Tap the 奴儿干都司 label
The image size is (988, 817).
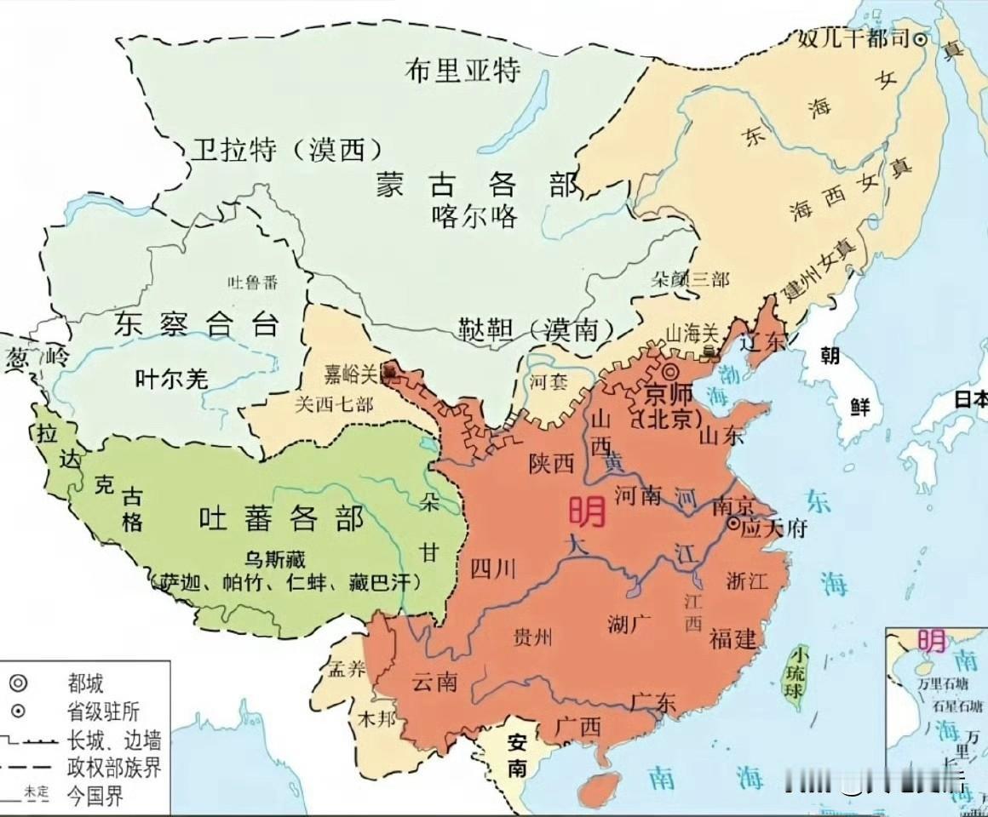[x=854, y=38]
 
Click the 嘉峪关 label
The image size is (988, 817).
[x=351, y=374]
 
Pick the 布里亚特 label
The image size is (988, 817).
[x=462, y=70]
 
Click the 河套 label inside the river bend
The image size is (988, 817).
[x=549, y=382]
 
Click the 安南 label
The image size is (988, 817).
[x=517, y=753]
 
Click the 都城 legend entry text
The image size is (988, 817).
[x=86, y=682]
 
